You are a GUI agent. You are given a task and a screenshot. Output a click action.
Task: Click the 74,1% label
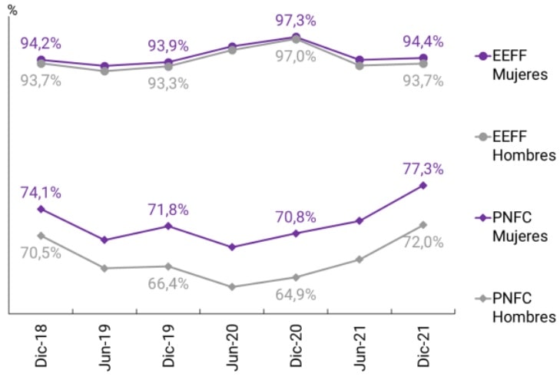pyautogui.click(x=41, y=192)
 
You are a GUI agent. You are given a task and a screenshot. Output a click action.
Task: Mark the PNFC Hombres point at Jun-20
pyautogui.click(x=231, y=286)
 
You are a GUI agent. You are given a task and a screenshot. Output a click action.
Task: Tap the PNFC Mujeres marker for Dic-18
pyautogui.click(x=41, y=209)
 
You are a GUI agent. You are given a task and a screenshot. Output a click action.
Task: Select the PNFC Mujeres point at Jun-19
pyautogui.click(x=104, y=240)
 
